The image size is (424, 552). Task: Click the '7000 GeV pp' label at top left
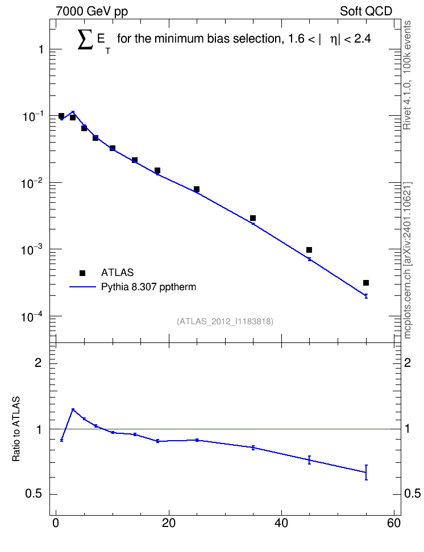coord(92,11)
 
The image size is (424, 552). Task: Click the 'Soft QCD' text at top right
coord(366,11)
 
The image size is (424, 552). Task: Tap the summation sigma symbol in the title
coord(86,39)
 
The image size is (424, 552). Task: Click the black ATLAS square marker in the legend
coord(82,273)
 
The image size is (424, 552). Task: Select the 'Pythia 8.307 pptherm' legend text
coord(148,287)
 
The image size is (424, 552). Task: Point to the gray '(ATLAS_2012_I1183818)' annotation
coord(225,321)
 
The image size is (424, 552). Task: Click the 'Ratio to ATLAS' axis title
coord(16,429)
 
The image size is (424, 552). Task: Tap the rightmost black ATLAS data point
coord(366,283)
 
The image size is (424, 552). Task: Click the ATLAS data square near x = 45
coord(309,250)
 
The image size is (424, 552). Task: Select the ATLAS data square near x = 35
coord(253,218)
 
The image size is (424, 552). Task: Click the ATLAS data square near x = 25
coord(197,190)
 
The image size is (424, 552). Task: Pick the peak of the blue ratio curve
coord(73,409)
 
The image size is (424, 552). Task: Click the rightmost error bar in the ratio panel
coord(366,472)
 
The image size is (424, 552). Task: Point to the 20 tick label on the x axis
coord(168,523)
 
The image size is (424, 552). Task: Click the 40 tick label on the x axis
coord(281,523)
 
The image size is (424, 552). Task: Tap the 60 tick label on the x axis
coord(394,523)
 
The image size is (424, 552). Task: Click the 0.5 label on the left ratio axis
coord(34,494)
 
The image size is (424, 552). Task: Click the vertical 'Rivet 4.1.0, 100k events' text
coord(407,75)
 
